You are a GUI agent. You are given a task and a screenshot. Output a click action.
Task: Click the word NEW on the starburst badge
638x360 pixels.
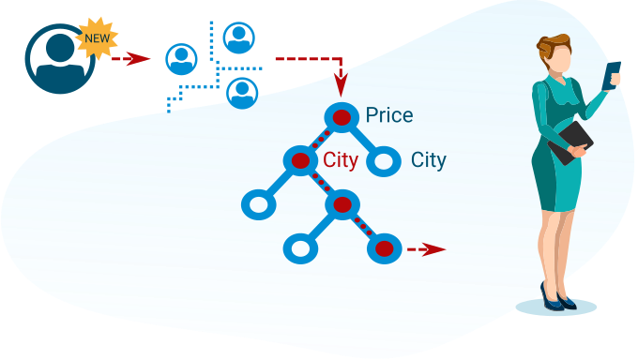pyautogui.click(x=98, y=38)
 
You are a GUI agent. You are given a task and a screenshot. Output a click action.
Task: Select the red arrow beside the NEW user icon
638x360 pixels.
pyautogui.click(x=131, y=58)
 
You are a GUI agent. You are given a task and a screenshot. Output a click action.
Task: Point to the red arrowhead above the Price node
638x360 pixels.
pyautogui.click(x=341, y=85)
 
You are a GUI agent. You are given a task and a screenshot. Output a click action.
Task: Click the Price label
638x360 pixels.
pyautogui.click(x=389, y=115)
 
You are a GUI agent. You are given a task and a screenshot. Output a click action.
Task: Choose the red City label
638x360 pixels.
pyautogui.click(x=341, y=160)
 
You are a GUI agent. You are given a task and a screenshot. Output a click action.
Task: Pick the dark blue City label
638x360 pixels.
pyautogui.click(x=429, y=160)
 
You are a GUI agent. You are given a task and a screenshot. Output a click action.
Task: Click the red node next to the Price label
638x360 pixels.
pyautogui.click(x=342, y=117)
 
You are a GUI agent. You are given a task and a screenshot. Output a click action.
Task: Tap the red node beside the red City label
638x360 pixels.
pyautogui.click(x=300, y=160)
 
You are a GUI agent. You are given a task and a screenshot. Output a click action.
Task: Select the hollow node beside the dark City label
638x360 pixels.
pyautogui.click(x=384, y=161)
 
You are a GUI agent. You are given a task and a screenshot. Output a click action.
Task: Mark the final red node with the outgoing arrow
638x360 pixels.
pyautogui.click(x=384, y=248)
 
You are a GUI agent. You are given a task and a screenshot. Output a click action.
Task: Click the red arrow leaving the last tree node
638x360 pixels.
pyautogui.click(x=426, y=249)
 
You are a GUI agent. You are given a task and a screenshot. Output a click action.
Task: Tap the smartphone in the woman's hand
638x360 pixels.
pyautogui.click(x=611, y=75)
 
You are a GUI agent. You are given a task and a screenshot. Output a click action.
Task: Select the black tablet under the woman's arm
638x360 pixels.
pyautogui.click(x=570, y=142)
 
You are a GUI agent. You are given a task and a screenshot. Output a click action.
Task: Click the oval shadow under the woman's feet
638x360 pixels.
pyautogui.click(x=555, y=307)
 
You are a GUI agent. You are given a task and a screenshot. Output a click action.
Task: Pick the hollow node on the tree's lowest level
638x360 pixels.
pyautogui.click(x=300, y=248)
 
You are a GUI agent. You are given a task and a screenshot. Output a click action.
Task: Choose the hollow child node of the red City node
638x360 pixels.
pyautogui.click(x=259, y=204)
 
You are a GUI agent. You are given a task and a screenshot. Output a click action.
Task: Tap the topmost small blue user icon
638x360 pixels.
pyautogui.click(x=239, y=37)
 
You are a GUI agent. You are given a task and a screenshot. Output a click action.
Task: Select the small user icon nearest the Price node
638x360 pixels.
pyautogui.click(x=242, y=94)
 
